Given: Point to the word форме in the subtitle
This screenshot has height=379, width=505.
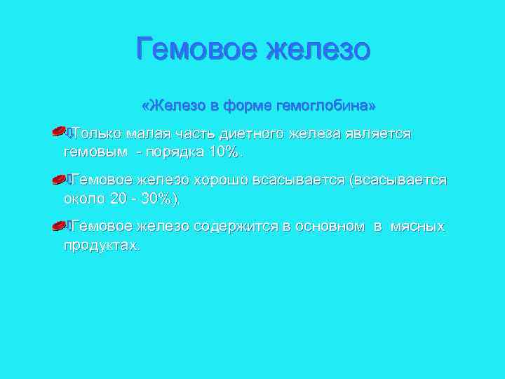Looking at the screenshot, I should pos(243,106).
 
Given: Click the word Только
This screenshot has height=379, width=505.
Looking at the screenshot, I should pos(95,133).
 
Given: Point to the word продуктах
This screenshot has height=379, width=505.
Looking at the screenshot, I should pos(101,246).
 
